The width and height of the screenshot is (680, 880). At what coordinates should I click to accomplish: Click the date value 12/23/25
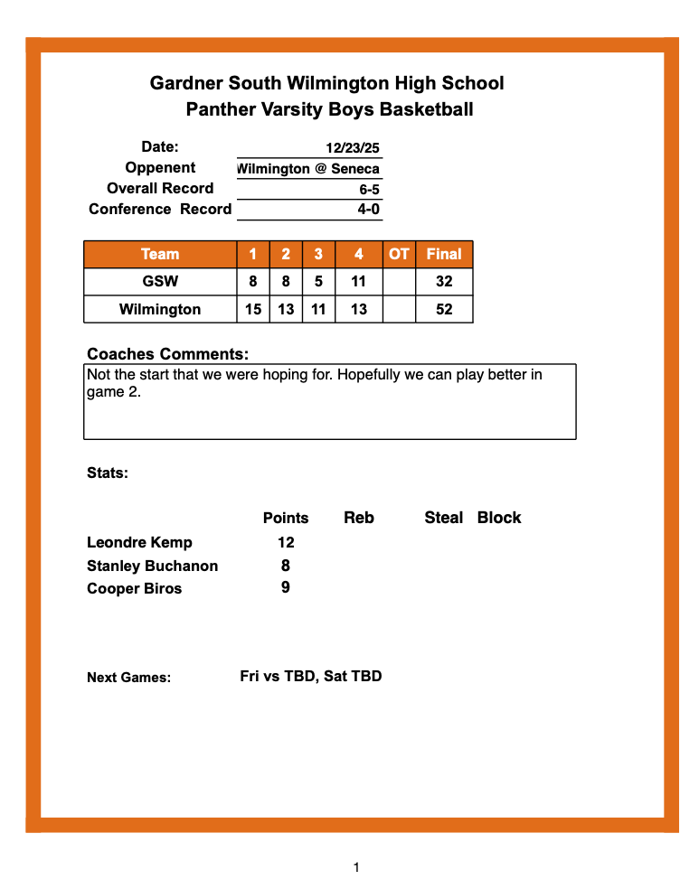point(353,148)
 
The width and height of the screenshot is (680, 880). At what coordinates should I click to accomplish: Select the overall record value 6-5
point(369,190)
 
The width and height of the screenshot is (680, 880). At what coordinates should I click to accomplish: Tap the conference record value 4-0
point(369,210)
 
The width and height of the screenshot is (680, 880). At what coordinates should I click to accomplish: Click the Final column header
point(444,255)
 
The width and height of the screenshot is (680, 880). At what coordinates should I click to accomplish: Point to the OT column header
point(399,255)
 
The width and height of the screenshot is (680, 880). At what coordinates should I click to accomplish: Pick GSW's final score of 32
point(444,282)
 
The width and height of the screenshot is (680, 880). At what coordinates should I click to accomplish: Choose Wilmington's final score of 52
point(444,310)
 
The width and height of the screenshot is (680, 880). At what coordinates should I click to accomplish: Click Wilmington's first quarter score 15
point(253,310)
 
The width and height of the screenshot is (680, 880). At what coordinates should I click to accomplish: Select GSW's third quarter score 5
point(318,282)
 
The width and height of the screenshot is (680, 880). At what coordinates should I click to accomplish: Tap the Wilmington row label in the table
point(160,310)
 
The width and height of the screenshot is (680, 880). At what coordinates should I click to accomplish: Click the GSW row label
point(160,282)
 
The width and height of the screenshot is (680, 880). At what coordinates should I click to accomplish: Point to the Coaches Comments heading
point(167,354)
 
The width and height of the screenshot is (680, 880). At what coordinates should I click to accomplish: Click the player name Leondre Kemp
point(139,543)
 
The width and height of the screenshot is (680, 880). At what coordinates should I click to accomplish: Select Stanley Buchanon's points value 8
point(286,566)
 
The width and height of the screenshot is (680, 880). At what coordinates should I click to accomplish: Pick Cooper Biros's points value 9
point(286,588)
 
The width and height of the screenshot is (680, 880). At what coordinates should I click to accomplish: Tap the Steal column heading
point(443,518)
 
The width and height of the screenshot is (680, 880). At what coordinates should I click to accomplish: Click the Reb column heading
point(359,518)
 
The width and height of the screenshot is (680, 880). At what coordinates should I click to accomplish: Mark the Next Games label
point(128,678)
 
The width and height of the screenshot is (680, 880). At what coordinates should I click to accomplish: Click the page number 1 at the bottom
point(356,867)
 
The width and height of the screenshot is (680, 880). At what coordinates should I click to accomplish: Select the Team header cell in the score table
point(160,255)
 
